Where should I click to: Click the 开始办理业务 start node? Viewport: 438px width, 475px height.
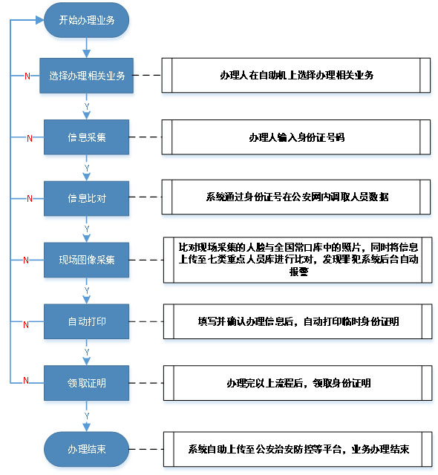pos(86,20)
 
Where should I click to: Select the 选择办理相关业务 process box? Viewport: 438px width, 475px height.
pos(86,76)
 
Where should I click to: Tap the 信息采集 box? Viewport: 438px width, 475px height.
pos(86,137)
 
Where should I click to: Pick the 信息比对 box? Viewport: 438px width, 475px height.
pos(86,198)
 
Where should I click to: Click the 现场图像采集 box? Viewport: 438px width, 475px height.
pos(86,260)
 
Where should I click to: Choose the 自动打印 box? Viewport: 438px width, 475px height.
pos(86,321)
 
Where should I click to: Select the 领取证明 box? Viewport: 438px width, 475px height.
pos(86,383)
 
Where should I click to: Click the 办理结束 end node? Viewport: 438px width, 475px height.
pos(86,449)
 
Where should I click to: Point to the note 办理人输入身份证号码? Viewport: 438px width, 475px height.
pos(296,137)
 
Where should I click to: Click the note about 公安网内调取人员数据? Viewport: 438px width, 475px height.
pos(296,197)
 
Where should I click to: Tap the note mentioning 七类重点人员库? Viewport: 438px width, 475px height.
pos(298,260)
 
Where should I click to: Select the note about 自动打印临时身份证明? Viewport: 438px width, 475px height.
pos(298,321)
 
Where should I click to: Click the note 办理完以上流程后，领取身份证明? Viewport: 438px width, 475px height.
pos(298,383)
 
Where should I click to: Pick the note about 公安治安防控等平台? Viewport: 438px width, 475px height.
pos(298,449)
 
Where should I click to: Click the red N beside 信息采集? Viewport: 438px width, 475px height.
pos(30,139)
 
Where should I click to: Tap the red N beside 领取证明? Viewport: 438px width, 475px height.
pos(26,380)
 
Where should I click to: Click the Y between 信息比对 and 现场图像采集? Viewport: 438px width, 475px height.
pos(87,229)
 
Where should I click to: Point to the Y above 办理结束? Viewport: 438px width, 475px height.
pos(87,416)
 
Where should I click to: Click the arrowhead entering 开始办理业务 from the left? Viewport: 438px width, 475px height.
pos(40,20)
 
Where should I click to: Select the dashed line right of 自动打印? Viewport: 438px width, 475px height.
pos(146,321)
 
